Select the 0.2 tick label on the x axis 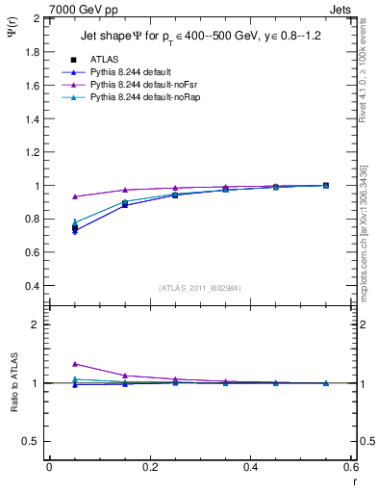(149, 467)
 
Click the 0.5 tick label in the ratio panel (33, 441)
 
